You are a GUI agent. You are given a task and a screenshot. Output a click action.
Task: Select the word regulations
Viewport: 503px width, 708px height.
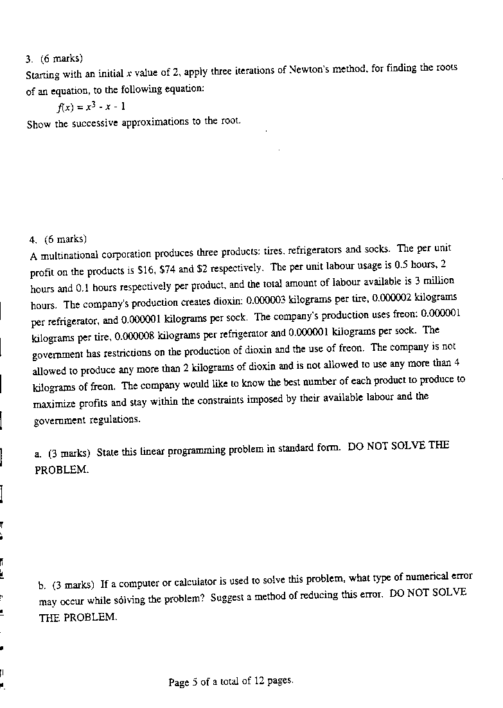click(114, 420)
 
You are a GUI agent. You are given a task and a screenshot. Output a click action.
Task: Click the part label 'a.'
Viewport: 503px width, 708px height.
click(39, 454)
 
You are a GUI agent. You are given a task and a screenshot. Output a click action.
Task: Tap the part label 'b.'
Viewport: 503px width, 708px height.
click(42, 585)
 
